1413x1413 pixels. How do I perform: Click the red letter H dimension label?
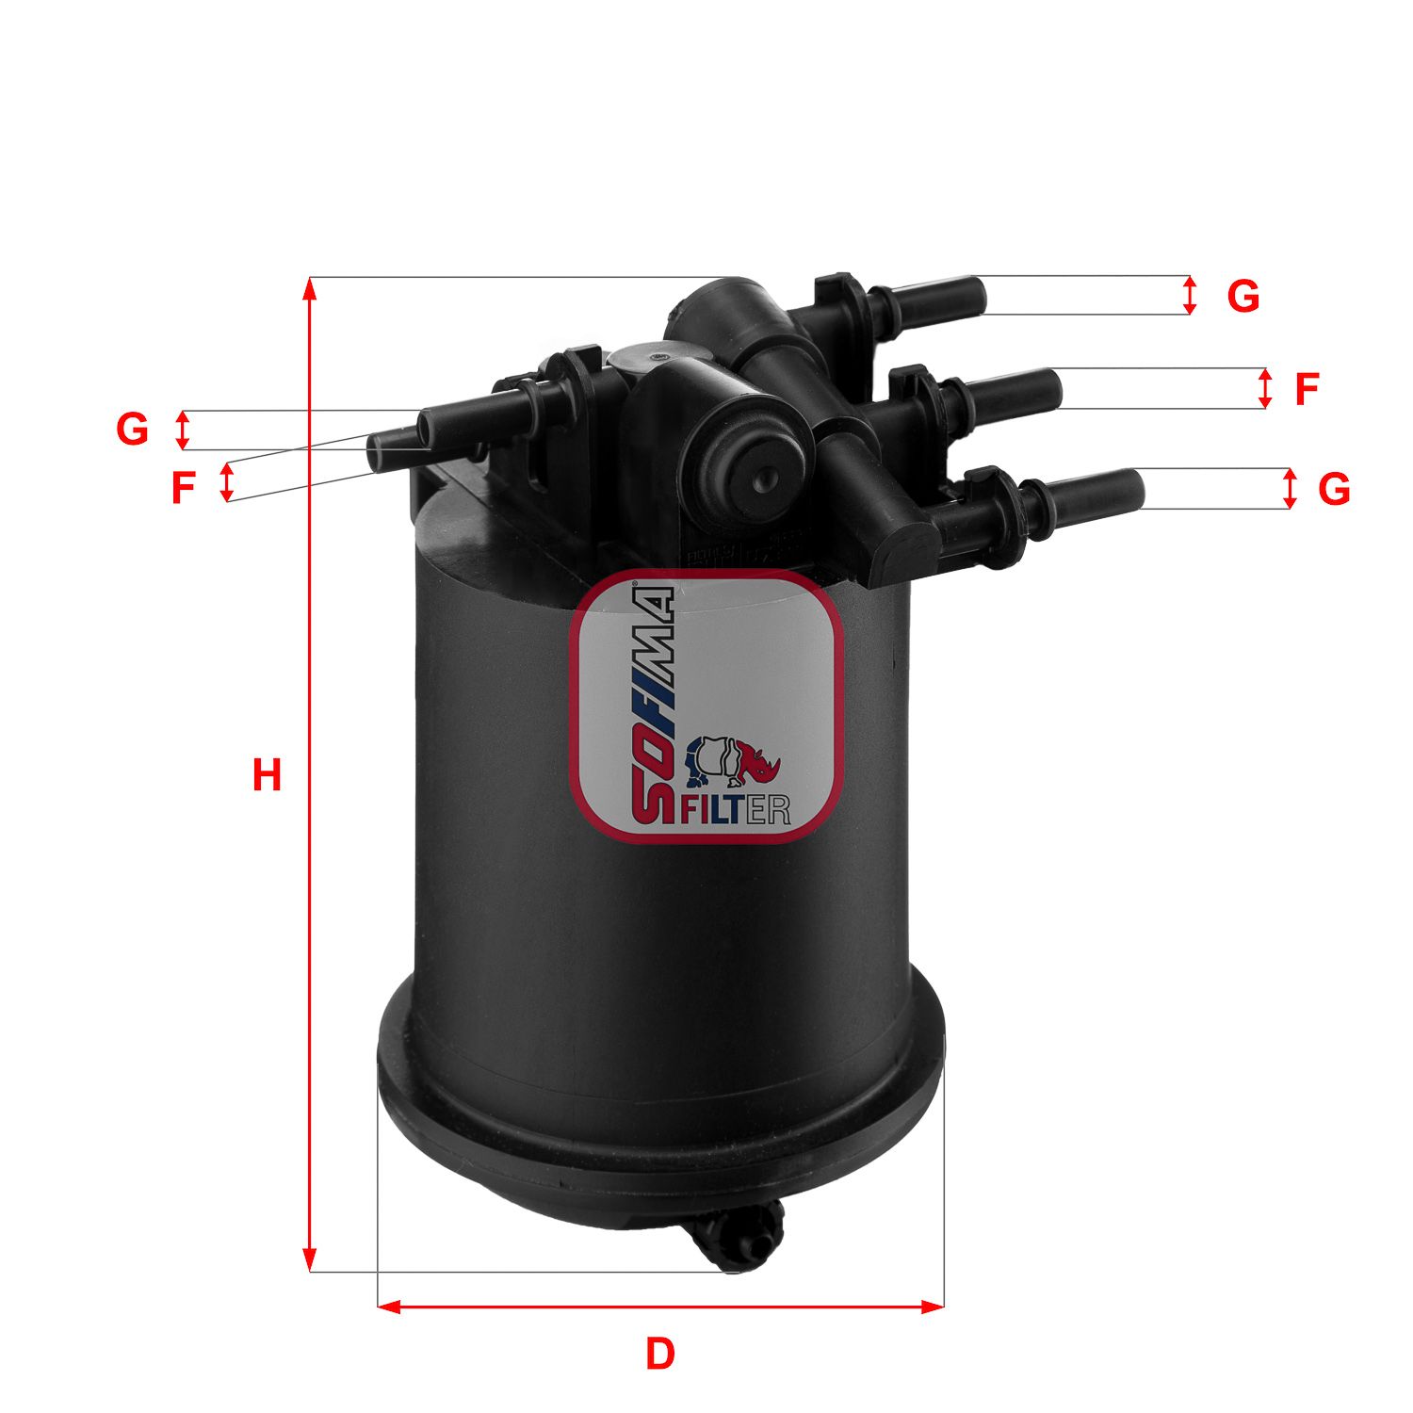(x=267, y=775)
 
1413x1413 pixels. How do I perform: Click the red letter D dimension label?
(x=660, y=1354)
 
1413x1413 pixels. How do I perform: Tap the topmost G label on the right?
(x=1243, y=297)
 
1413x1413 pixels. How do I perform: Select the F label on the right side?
(x=1306, y=389)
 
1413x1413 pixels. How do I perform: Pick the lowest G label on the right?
(x=1334, y=489)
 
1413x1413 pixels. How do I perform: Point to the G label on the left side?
(x=132, y=430)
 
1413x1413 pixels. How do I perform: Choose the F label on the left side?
(x=183, y=488)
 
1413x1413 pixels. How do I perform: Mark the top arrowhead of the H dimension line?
(x=309, y=286)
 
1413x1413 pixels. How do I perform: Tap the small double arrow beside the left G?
(x=184, y=430)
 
